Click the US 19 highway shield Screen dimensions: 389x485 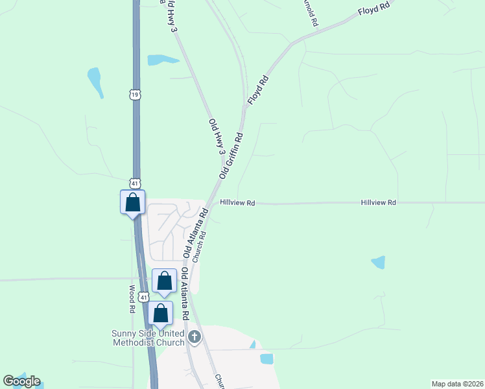134,95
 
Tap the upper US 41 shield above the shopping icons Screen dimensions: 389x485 134,183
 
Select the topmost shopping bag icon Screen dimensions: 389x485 132,202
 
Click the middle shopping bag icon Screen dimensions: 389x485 164,281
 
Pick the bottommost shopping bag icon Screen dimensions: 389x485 161,313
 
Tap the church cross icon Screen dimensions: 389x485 195,336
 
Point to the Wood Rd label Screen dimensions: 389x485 132,299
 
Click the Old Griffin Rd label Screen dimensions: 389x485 231,156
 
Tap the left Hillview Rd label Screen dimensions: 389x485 237,203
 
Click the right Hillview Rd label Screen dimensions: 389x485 378,203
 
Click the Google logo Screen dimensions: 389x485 21,381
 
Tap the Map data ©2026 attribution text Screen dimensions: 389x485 458,383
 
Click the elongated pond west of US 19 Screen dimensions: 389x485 95,82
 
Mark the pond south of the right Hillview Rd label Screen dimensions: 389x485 379,262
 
